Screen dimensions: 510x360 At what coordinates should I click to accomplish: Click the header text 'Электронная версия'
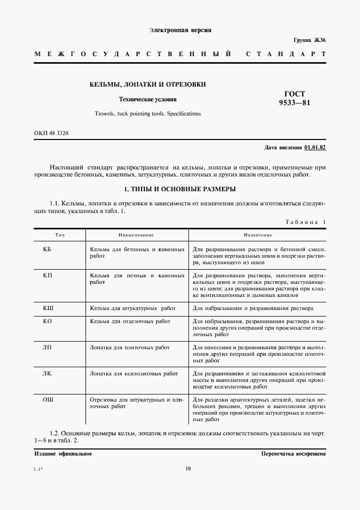[x=180, y=31]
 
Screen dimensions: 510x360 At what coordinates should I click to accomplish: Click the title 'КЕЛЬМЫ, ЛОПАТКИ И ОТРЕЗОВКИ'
[x=148, y=84]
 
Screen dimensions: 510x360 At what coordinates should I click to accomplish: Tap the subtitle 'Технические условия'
[x=148, y=100]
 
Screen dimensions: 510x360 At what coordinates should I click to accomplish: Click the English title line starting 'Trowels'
[x=148, y=114]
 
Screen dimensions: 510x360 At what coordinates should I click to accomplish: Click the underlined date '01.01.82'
[x=315, y=147]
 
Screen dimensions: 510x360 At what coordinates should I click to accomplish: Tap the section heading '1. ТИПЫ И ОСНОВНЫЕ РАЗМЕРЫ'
[x=180, y=189]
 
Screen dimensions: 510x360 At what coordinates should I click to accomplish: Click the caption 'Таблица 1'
[x=305, y=222]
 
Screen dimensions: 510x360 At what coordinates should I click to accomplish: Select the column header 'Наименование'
[x=136, y=235]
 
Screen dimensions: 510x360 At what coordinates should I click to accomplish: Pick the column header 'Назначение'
[x=258, y=235]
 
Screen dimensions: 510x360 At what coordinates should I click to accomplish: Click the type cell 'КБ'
[x=47, y=249]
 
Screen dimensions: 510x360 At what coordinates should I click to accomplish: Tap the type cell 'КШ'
[x=47, y=308]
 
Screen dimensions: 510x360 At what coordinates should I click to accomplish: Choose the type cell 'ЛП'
[x=47, y=347]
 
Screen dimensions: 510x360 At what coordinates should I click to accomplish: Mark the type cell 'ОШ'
[x=47, y=400]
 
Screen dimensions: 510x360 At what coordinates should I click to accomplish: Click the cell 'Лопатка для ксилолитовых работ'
[x=133, y=374]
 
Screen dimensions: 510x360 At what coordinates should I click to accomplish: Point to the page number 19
[x=187, y=469]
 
